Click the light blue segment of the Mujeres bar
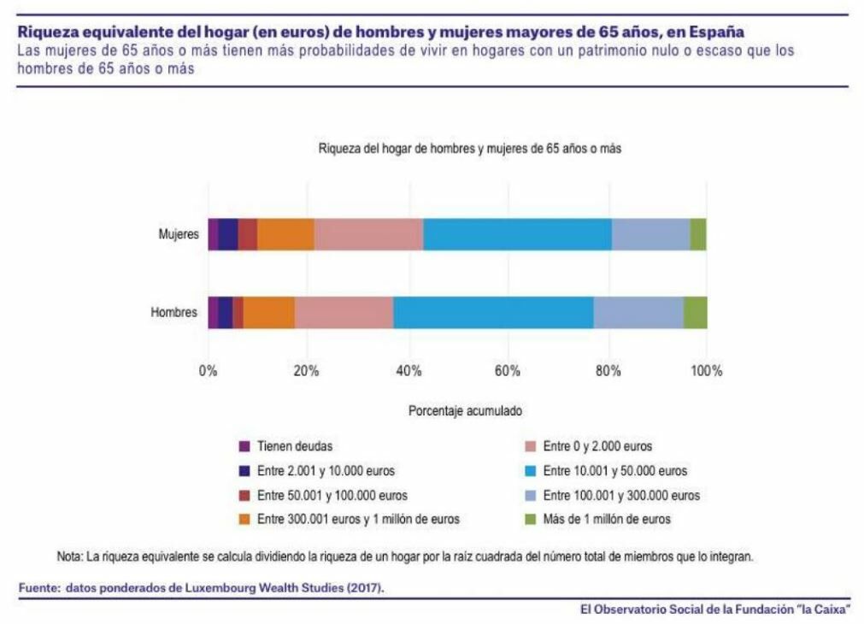[517, 234]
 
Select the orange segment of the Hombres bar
[269, 312]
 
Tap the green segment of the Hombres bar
[695, 312]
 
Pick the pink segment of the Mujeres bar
[368, 234]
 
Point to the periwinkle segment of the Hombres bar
[638, 312]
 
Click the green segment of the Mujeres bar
[698, 234]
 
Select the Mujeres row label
[179, 234]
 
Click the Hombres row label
[174, 312]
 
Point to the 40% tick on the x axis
[408, 371]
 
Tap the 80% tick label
[608, 371]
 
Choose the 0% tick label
[208, 371]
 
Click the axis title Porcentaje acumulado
[465, 410]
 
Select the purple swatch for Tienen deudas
[244, 446]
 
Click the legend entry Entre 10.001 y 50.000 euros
[614, 470]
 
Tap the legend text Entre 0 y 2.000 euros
[597, 446]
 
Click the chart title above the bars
[469, 148]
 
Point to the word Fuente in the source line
[38, 588]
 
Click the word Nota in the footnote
[69, 556]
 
